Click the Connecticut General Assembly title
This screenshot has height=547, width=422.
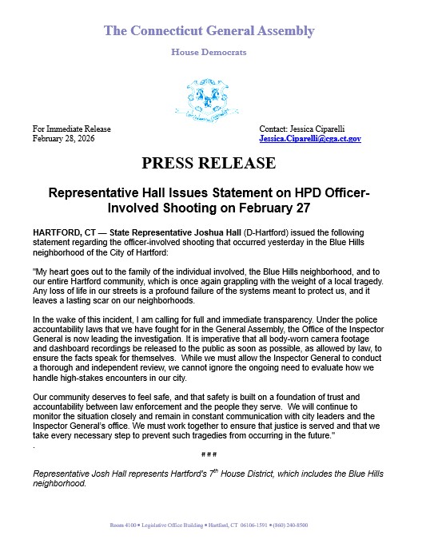point(209,31)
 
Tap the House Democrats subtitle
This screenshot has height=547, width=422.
point(209,52)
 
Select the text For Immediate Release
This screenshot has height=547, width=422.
point(72,129)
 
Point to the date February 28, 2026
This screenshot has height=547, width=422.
point(69,138)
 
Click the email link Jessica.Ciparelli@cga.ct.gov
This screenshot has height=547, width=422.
point(310,138)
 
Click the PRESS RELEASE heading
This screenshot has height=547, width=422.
point(209,164)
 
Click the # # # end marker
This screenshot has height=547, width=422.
point(209,453)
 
